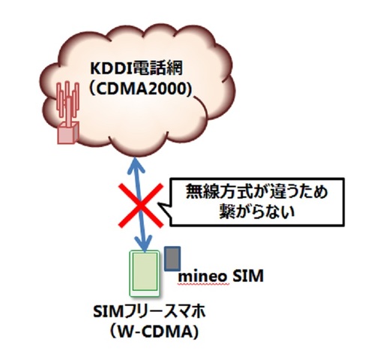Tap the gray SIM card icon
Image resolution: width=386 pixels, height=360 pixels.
click(x=173, y=259)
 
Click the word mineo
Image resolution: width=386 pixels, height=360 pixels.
click(x=202, y=277)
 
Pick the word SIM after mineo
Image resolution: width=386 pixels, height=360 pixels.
click(x=247, y=277)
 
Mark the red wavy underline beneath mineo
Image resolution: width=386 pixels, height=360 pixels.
click(x=202, y=286)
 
